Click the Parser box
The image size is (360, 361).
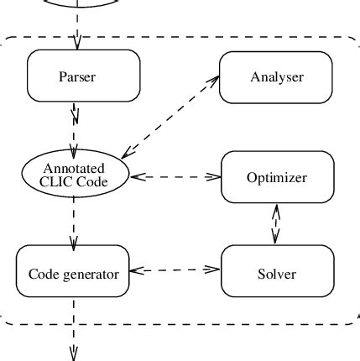[x=76, y=76]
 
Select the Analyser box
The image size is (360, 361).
[x=276, y=77]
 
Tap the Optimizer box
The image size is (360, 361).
[x=276, y=177]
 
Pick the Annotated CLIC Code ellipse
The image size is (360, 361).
[x=75, y=174]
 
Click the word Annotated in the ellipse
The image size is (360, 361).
[x=75, y=167]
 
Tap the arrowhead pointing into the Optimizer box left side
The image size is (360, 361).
[x=215, y=177]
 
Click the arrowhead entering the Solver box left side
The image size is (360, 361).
[x=215, y=269]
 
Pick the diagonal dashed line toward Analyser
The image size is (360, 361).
[x=168, y=118]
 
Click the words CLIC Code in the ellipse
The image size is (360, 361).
[x=75, y=181]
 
